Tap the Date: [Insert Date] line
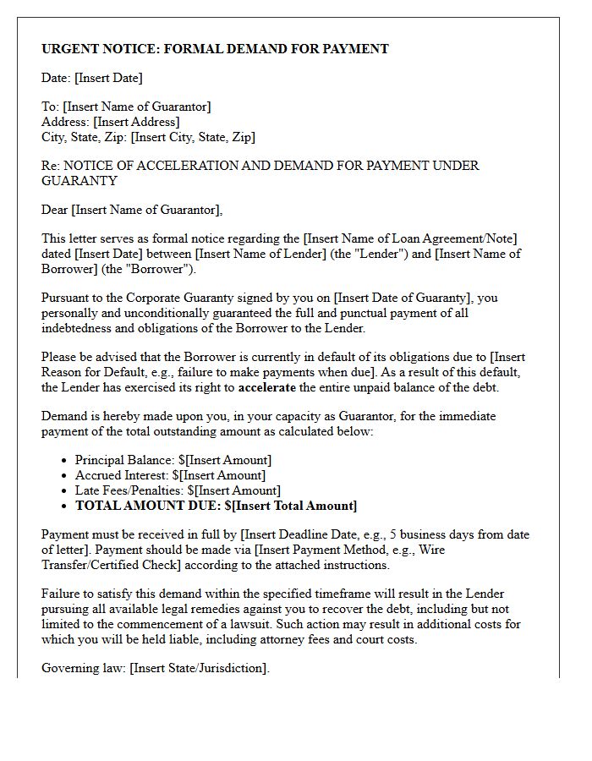(92, 78)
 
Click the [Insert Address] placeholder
(136, 122)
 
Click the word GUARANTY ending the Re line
(79, 180)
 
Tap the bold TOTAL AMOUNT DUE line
(216, 506)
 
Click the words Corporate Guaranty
(175, 298)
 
